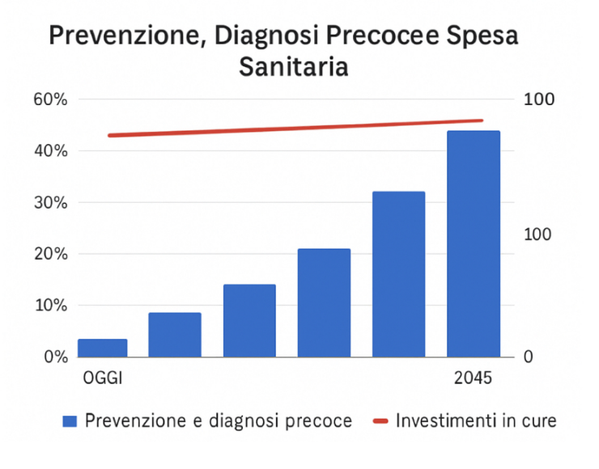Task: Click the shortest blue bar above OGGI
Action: pos(103,348)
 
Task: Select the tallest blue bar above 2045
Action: pos(474,243)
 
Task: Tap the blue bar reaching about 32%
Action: pos(399,274)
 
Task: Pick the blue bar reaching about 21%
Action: pos(324,302)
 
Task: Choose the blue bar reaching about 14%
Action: pos(249,320)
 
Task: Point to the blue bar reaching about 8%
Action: pos(175,334)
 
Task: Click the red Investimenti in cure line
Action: pos(295,128)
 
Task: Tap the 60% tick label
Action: pos(49,99)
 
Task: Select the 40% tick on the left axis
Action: pos(49,151)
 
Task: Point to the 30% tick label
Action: pos(49,203)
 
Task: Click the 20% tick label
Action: pos(49,254)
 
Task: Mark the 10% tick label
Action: pos(49,306)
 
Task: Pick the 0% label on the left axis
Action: pos(53,357)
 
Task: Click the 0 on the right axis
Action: pos(529,357)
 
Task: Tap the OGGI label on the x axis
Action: pos(103,378)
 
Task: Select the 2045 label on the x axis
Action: pos(474,378)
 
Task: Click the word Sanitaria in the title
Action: pos(294,66)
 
